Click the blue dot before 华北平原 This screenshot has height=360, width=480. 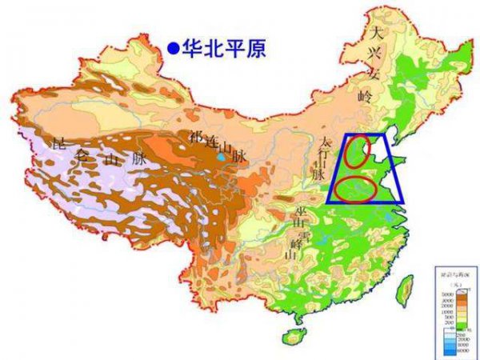pos(172,49)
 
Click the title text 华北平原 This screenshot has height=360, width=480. pos(222,49)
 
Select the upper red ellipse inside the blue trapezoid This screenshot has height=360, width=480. pos(360,152)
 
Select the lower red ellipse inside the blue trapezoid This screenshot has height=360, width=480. pos(355,190)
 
